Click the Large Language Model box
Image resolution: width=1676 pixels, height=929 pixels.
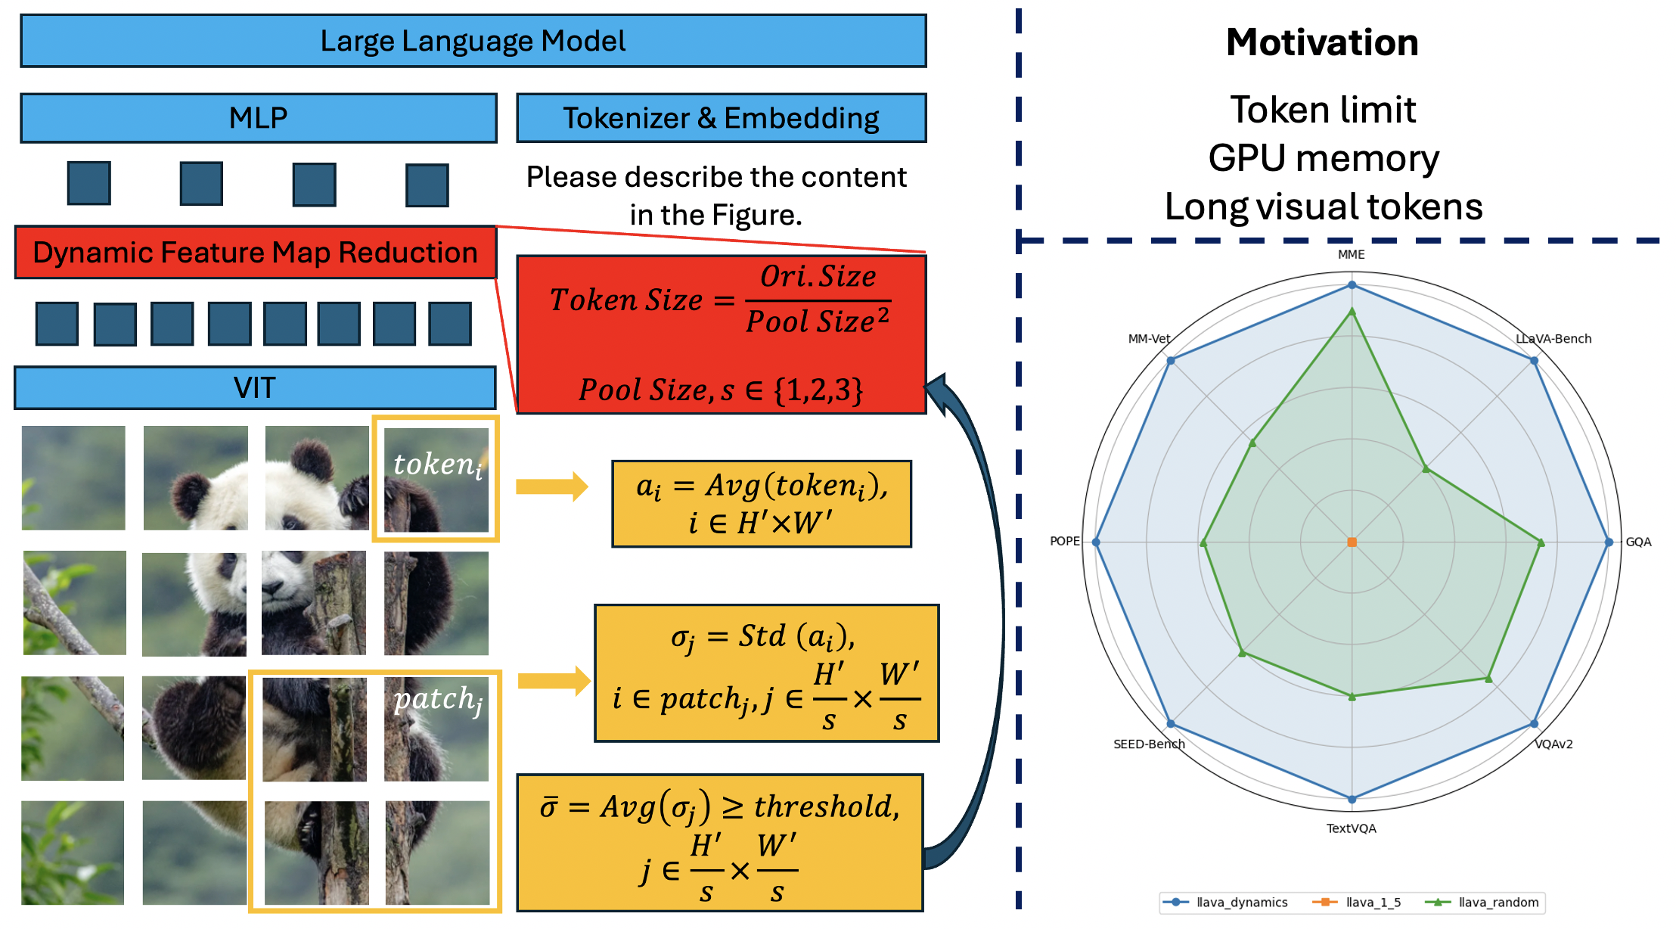pyautogui.click(x=473, y=41)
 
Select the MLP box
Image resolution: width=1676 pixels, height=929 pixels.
pyautogui.click(x=259, y=118)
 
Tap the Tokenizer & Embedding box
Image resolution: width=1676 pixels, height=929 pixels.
pyautogui.click(x=722, y=118)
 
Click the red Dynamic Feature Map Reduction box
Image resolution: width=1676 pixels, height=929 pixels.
pyautogui.click(x=256, y=252)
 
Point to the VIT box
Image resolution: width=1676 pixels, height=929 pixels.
pyautogui.click(x=255, y=388)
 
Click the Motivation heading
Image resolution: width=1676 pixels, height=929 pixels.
pyautogui.click(x=1322, y=42)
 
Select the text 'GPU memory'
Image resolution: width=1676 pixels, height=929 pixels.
pyautogui.click(x=1324, y=159)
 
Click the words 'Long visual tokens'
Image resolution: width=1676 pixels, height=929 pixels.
pyautogui.click(x=1324, y=207)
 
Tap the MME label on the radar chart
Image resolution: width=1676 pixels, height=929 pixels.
pyautogui.click(x=1352, y=254)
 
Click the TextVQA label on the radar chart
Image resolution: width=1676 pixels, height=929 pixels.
pyautogui.click(x=1352, y=828)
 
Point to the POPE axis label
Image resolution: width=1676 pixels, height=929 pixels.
pyautogui.click(x=1065, y=541)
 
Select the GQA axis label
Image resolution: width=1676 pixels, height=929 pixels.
pyautogui.click(x=1639, y=542)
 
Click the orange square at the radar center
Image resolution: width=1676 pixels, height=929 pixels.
pyautogui.click(x=1352, y=542)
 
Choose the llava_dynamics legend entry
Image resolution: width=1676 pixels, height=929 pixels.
pyautogui.click(x=1225, y=903)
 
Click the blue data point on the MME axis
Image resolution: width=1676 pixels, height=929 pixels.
pyautogui.click(x=1352, y=285)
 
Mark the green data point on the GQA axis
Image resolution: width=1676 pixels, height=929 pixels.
pyautogui.click(x=1541, y=542)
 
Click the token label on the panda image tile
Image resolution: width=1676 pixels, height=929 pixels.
pyautogui.click(x=438, y=464)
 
